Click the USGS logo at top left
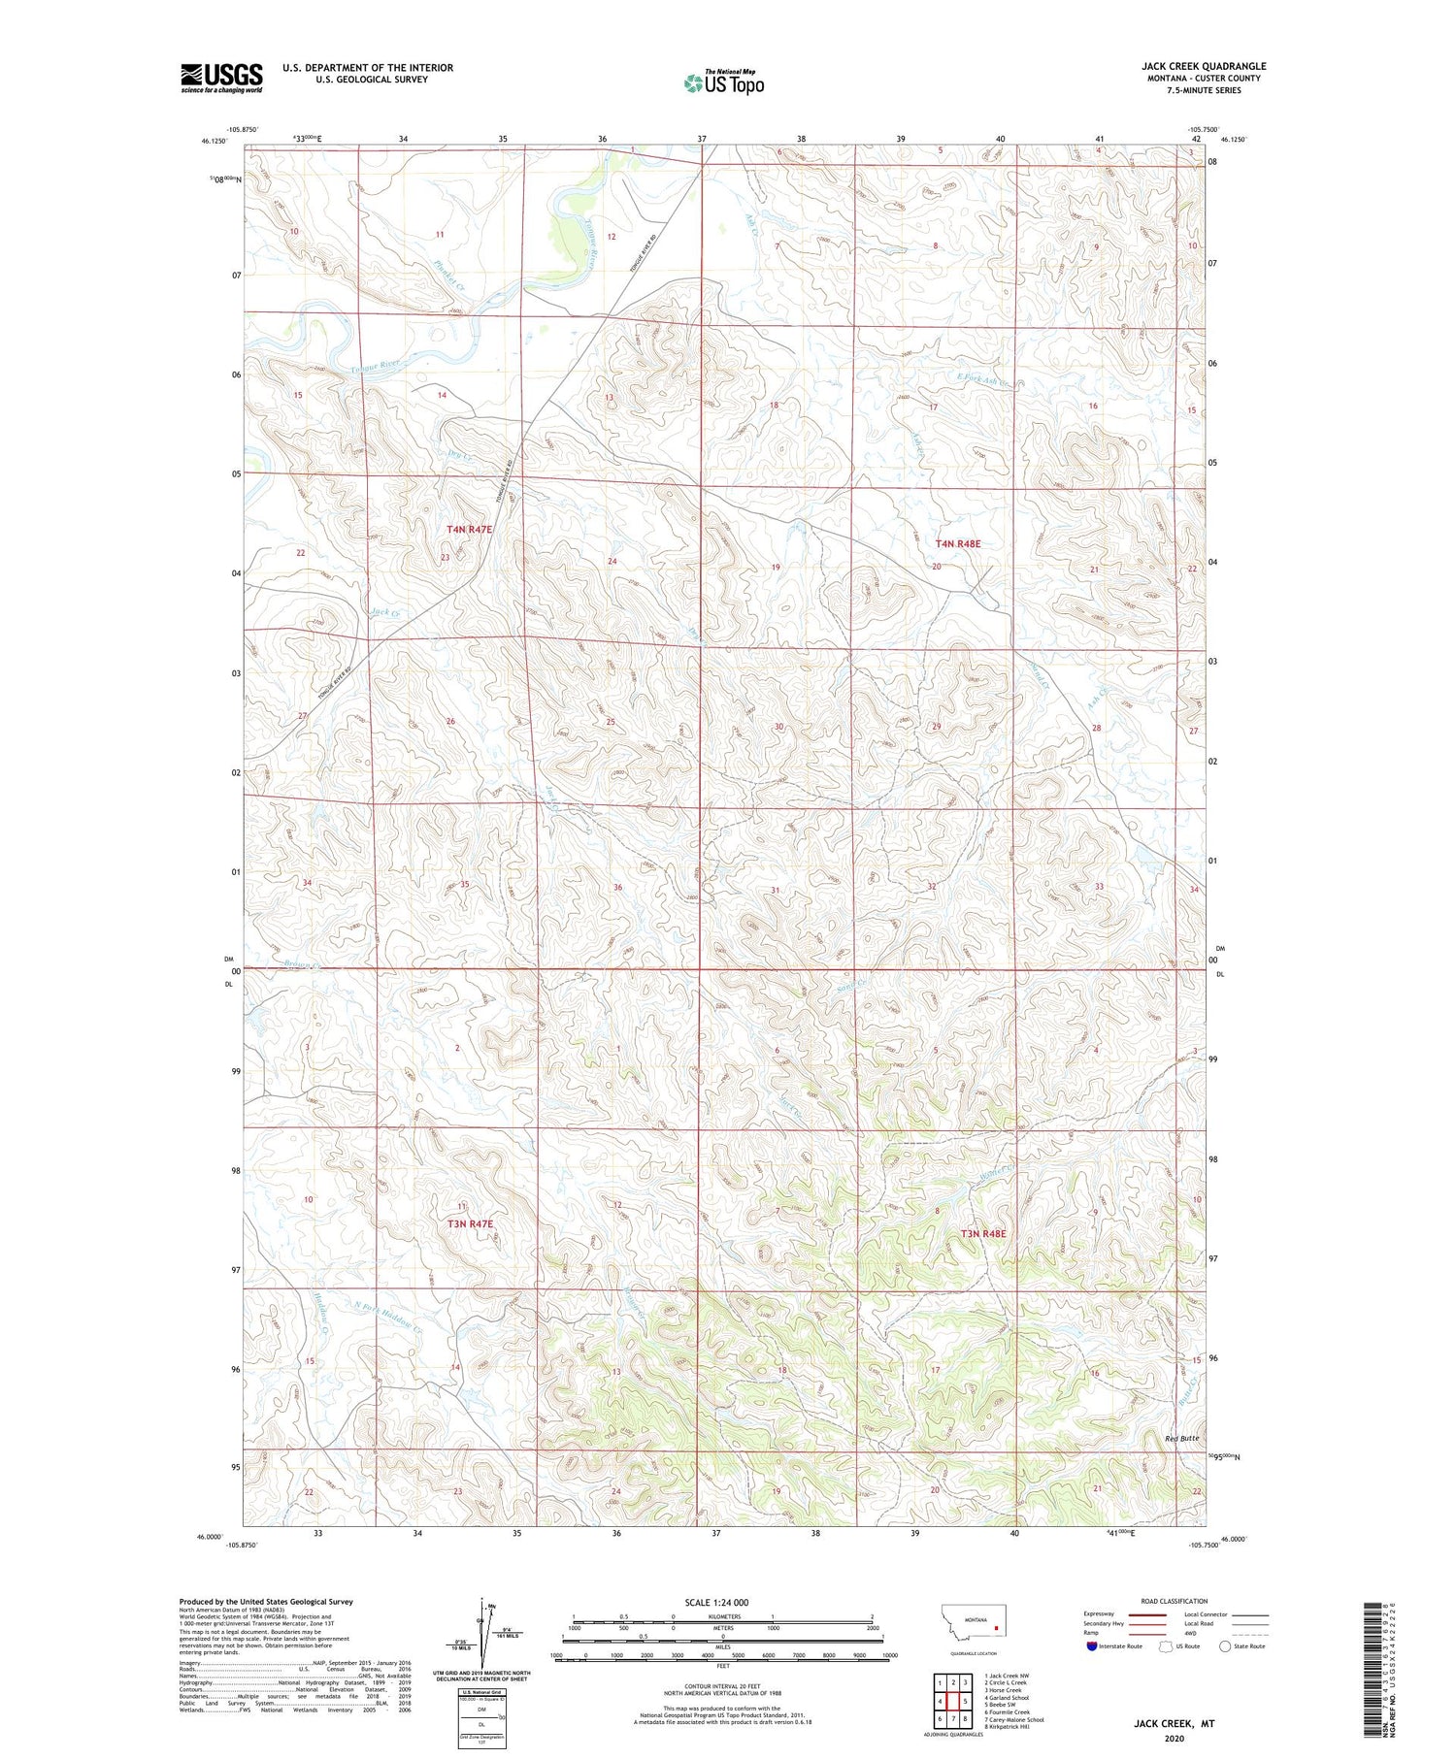pos(221,78)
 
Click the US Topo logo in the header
pos(723,83)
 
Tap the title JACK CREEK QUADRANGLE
pos(1204,66)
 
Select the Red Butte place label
pos(1183,1438)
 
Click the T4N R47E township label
pos(470,530)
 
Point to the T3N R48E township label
pos(983,1234)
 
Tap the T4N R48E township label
pos(958,544)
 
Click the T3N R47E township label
pos(471,1224)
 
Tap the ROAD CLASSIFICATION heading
pos(1175,1601)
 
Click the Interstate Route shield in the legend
pos(1093,1646)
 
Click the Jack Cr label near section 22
pos(385,613)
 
